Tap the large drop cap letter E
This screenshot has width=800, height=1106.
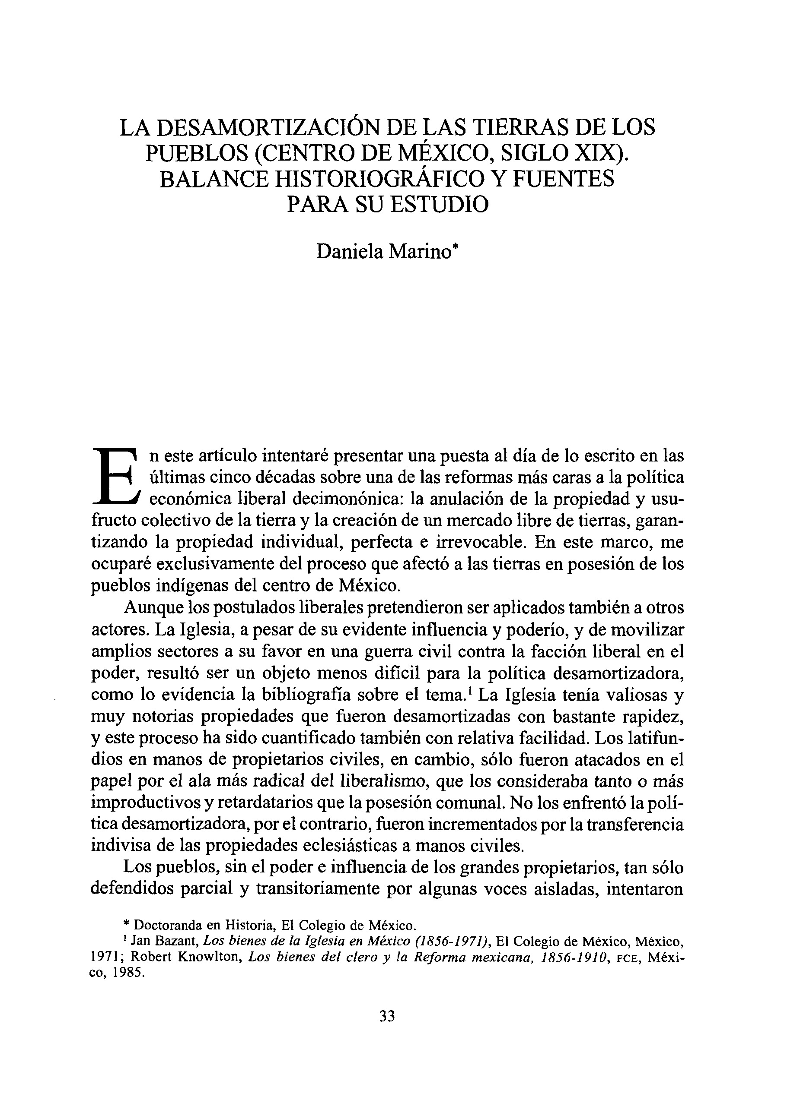(x=117, y=477)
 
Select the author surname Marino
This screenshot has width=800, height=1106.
(x=423, y=252)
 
